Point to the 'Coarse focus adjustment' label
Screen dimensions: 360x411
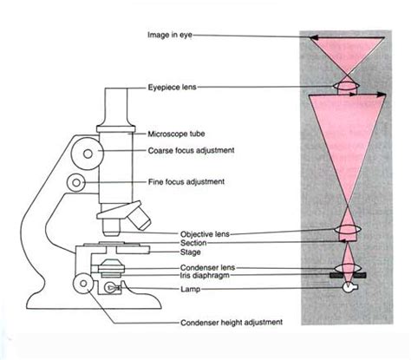coord(189,152)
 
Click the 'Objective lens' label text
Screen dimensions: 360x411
coord(181,234)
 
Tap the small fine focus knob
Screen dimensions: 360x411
coord(78,183)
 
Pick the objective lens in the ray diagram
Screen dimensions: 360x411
coord(346,232)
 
